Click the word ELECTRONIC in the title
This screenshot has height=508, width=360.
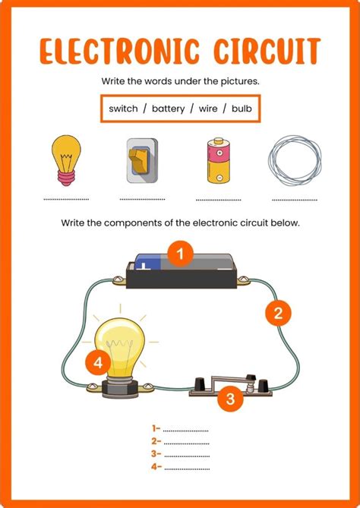point(119,51)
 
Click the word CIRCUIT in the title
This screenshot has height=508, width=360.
point(267,51)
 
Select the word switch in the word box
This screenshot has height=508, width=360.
point(123,109)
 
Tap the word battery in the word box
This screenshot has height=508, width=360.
point(168,109)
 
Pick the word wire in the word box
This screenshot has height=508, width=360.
point(208,109)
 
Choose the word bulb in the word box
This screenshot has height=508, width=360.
point(242,109)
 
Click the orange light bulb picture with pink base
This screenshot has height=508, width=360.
point(66,160)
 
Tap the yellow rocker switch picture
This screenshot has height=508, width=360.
point(142,161)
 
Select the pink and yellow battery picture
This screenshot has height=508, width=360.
point(219,161)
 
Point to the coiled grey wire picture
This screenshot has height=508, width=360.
point(295,161)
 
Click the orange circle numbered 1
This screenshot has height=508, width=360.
point(181,254)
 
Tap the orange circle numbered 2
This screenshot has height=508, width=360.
point(278,314)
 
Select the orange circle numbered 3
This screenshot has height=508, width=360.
point(230,399)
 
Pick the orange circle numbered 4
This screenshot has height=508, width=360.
point(98,363)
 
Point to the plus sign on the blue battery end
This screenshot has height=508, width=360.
point(143,267)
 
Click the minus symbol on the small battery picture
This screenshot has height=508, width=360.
point(219,178)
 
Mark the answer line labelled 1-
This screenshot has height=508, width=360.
point(185,431)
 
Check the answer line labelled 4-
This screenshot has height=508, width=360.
point(187,469)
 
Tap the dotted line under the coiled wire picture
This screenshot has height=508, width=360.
point(295,200)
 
